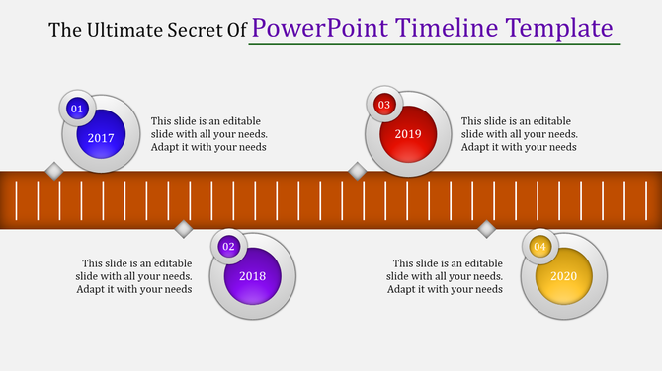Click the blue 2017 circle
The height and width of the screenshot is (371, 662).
(102, 138)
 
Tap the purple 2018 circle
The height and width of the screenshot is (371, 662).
(254, 276)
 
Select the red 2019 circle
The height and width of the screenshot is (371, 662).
(408, 133)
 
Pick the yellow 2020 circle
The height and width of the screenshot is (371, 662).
(563, 276)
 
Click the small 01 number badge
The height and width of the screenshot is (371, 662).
(76, 109)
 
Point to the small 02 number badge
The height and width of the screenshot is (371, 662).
(229, 246)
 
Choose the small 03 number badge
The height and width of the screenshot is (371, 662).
(384, 104)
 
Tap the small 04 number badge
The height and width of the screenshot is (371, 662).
(539, 246)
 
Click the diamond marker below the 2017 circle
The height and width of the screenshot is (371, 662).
(55, 172)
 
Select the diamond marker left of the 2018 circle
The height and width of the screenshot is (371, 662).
(183, 229)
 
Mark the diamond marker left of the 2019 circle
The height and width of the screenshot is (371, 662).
(358, 172)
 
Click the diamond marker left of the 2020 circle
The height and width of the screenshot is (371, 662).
(486, 229)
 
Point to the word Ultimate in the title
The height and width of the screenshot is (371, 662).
(124, 30)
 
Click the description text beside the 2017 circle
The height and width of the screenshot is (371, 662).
(208, 134)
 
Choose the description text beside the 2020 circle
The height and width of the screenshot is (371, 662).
(448, 276)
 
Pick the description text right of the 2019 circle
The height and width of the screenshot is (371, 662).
(520, 134)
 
